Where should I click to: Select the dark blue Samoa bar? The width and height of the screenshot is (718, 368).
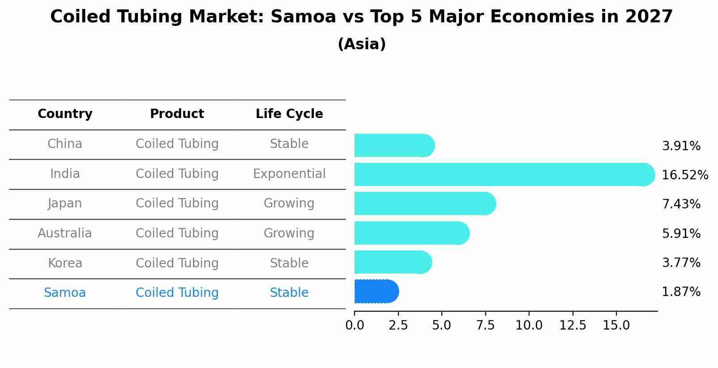(376, 292)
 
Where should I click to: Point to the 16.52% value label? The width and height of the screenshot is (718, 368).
(684, 175)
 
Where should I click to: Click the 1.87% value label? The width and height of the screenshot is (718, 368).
(681, 292)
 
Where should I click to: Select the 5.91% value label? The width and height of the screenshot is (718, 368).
(681, 233)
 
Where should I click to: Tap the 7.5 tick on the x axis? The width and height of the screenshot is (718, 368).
(485, 326)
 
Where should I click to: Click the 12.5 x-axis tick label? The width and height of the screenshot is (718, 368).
(573, 326)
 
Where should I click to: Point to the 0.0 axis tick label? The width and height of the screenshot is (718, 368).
(355, 326)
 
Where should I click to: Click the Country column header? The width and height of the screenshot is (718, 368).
(65, 114)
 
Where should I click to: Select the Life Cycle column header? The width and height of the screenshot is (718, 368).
(289, 114)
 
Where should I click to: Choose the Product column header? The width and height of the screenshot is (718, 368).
(177, 114)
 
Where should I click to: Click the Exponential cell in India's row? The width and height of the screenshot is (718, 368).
(289, 173)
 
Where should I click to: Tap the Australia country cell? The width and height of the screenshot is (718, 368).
(65, 233)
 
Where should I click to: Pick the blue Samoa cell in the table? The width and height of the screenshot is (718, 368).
(65, 293)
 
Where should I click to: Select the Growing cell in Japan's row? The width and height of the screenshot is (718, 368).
(289, 203)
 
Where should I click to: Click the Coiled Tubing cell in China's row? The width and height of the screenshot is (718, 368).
(177, 144)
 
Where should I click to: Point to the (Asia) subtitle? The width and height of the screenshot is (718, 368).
(362, 44)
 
